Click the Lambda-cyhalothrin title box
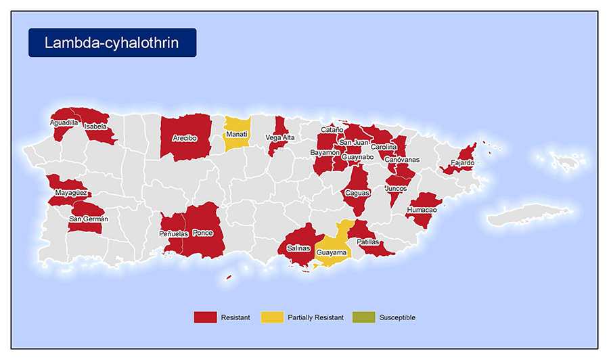click(112, 43)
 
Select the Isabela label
click(95, 126)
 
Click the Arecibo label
click(184, 137)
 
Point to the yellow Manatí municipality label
click(236, 134)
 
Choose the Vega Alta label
click(279, 137)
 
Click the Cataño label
click(332, 129)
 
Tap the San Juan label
click(353, 142)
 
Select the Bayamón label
click(325, 153)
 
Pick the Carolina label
click(384, 146)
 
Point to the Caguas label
click(357, 193)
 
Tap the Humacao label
click(422, 210)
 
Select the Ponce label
click(203, 233)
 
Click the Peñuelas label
click(173, 233)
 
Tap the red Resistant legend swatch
click(205, 317)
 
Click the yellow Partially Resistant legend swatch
click(271, 317)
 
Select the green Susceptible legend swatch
click(363, 317)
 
